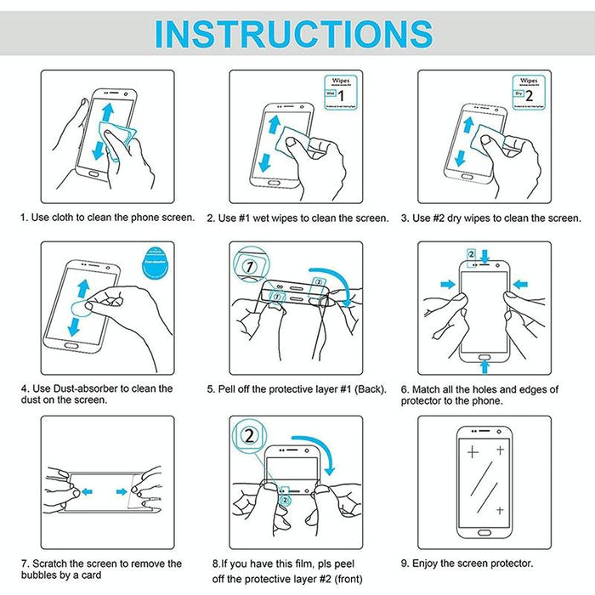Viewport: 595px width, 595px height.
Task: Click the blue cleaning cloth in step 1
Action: [116, 134]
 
